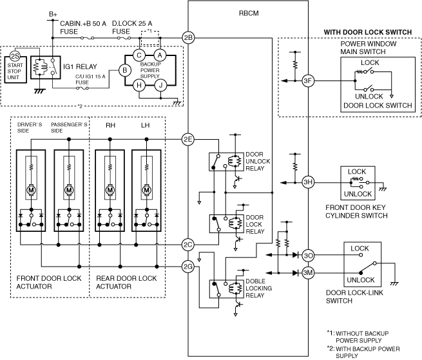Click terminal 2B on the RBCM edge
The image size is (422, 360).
[188, 37]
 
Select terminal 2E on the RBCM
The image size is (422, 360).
[188, 139]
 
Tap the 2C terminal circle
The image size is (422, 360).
[188, 245]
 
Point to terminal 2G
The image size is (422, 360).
[188, 267]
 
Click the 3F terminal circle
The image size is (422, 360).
[308, 81]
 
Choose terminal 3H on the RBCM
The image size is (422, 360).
[308, 182]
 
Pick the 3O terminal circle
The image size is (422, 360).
[308, 255]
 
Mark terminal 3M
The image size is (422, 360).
[308, 273]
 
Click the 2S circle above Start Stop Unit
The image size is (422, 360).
[15, 56]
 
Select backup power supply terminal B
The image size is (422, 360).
[124, 70]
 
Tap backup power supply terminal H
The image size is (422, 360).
[139, 85]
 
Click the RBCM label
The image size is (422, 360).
[249, 13]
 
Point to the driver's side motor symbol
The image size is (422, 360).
[31, 190]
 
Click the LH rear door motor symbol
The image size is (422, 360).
[146, 190]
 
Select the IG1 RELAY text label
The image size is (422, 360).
[80, 66]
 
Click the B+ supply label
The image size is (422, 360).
[53, 14]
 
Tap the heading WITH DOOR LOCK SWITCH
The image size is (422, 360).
[368, 32]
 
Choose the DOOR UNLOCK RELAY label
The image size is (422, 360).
[258, 162]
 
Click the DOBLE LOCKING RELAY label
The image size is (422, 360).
[258, 288]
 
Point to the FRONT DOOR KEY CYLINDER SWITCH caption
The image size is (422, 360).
[356, 211]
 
